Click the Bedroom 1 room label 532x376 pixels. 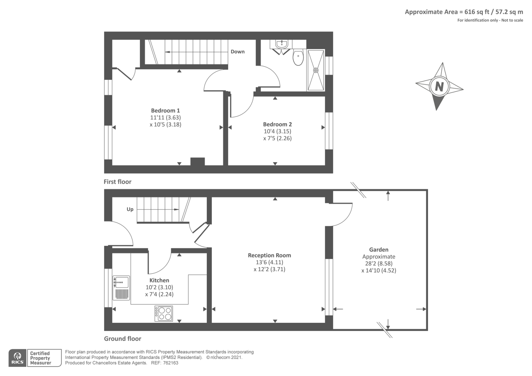click(x=165, y=110)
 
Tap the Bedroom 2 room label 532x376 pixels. click(x=277, y=124)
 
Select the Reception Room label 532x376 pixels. click(x=269, y=255)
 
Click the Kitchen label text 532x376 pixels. click(x=159, y=280)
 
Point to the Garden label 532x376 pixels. click(x=378, y=250)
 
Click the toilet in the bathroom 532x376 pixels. click(x=298, y=57)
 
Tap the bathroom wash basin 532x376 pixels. click(x=282, y=44)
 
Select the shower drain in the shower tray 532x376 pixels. click(x=316, y=70)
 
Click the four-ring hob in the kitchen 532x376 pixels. click(x=164, y=313)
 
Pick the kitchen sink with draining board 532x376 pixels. click(x=121, y=288)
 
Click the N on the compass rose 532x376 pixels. click(x=439, y=87)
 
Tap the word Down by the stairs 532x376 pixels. click(x=237, y=52)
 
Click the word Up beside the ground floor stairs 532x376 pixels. click(x=130, y=209)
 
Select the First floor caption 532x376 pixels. click(x=117, y=182)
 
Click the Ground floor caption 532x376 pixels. click(x=122, y=339)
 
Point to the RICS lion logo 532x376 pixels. click(x=17, y=358)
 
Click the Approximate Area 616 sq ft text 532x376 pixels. click(x=464, y=12)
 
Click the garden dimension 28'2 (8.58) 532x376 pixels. click(x=378, y=263)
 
